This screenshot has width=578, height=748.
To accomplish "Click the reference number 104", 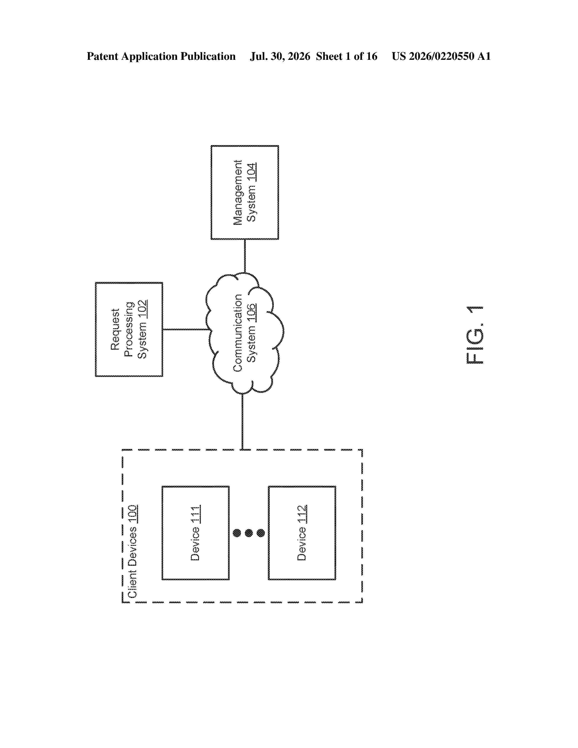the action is pos(252,173).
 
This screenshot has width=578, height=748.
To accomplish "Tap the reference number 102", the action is pos(142,310).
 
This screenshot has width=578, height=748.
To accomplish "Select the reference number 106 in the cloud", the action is pos(252,313).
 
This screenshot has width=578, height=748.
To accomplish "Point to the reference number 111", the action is pos(196,515).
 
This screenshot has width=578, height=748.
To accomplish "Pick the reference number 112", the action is pos(302,515).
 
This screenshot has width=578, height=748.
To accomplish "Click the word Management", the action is pos(238,192).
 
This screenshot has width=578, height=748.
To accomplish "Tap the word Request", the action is pos(115,330).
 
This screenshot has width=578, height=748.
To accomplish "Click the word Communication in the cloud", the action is pos(238,333).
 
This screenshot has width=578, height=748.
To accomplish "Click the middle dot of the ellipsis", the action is pos(249,533).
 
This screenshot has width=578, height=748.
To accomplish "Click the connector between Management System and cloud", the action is pos(245,256).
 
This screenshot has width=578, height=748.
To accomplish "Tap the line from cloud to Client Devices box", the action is pos(243,422).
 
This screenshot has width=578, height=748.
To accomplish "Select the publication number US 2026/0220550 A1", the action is pos(441,56).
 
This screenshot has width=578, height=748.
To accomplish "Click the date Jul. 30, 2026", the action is pos(280,56).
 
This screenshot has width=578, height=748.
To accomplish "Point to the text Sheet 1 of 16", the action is pos(347,56).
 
